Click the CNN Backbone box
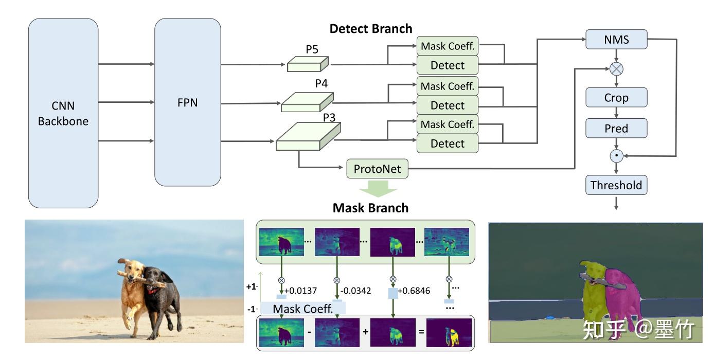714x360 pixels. [63, 113]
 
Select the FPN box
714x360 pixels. [187, 102]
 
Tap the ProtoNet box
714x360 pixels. [378, 169]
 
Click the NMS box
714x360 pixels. [616, 40]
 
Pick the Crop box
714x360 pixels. [616, 98]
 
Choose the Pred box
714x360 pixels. [616, 128]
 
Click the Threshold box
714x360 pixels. [616, 185]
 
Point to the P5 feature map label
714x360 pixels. [312, 49]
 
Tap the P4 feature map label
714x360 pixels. [322, 83]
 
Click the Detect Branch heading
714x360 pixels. [371, 29]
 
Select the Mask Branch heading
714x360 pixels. [370, 208]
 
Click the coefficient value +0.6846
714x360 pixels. [414, 291]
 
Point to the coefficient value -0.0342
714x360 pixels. [356, 291]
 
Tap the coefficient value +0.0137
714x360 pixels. [300, 291]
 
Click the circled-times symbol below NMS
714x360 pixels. [616, 69]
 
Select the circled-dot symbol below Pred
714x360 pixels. [616, 156]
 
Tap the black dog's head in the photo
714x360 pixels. [152, 278]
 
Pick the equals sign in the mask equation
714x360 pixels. [421, 332]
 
